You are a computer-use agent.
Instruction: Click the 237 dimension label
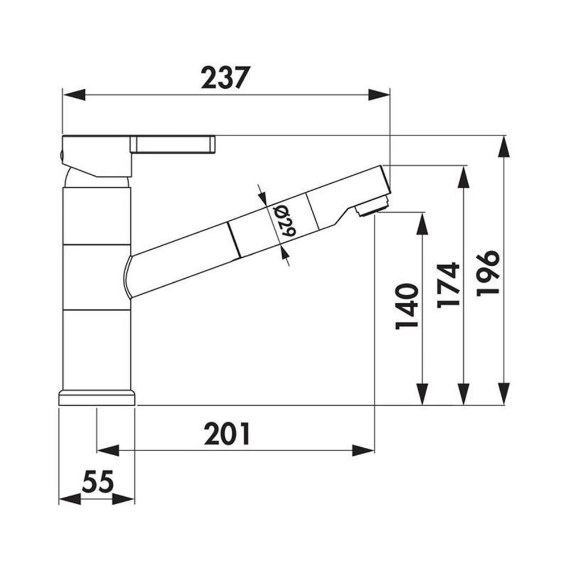tap(226, 77)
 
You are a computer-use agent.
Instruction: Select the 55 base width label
tap(98, 481)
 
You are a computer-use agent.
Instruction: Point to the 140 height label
tap(407, 306)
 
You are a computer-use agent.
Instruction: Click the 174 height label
tap(448, 285)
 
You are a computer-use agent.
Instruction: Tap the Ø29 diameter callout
tap(284, 221)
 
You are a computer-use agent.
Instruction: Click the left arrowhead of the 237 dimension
tap(74, 95)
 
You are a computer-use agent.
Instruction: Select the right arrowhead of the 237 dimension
tap(379, 95)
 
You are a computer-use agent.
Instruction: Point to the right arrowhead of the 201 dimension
tap(363, 451)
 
